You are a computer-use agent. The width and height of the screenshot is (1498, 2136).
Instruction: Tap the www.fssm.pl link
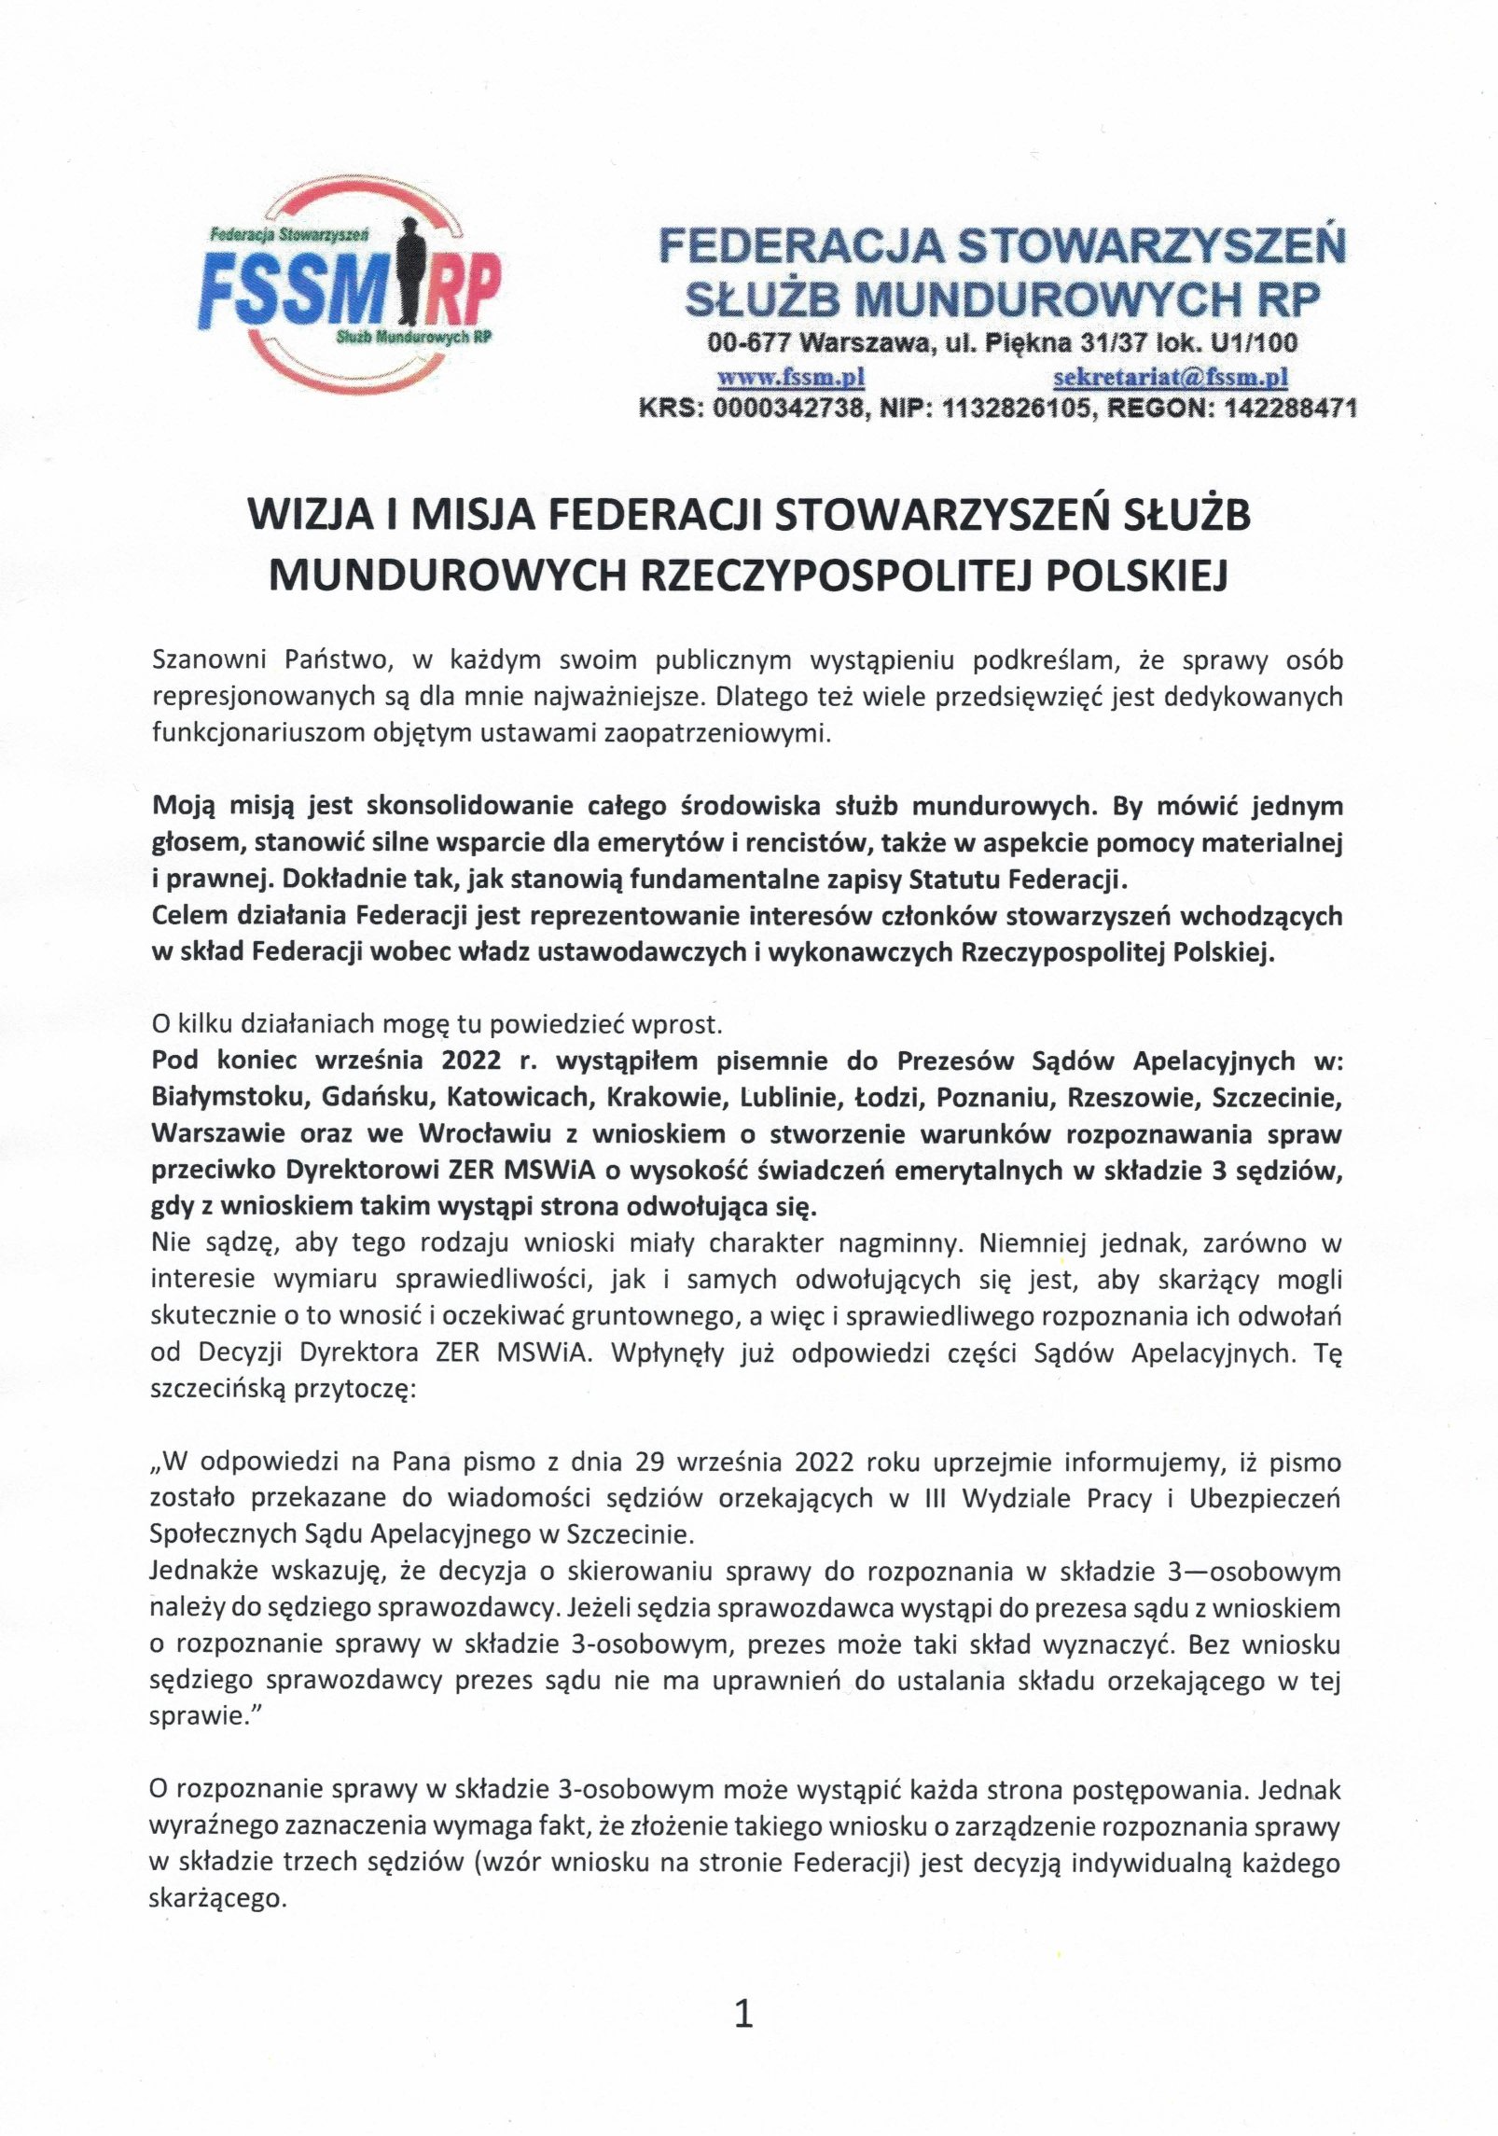(x=790, y=377)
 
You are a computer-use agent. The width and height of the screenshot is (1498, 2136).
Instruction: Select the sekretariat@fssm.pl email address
(x=1171, y=377)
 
